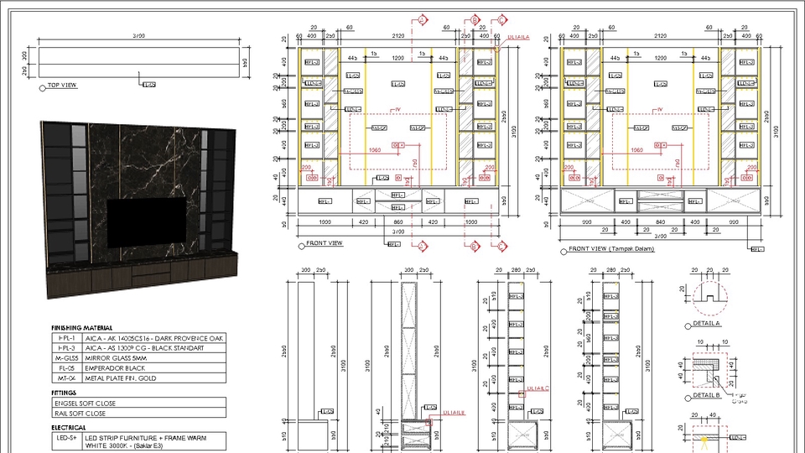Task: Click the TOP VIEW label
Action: [x=62, y=86]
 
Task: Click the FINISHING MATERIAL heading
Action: [x=82, y=327]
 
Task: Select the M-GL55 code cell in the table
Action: [x=66, y=357]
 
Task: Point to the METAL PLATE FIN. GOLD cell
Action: [x=127, y=378]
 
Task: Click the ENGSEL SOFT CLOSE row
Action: [x=84, y=403]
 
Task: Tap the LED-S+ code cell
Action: [x=66, y=438]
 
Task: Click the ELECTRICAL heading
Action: [x=69, y=427]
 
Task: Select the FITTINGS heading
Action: [x=65, y=393]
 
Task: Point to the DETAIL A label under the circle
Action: [x=707, y=324]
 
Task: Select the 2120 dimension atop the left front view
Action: [x=397, y=36]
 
